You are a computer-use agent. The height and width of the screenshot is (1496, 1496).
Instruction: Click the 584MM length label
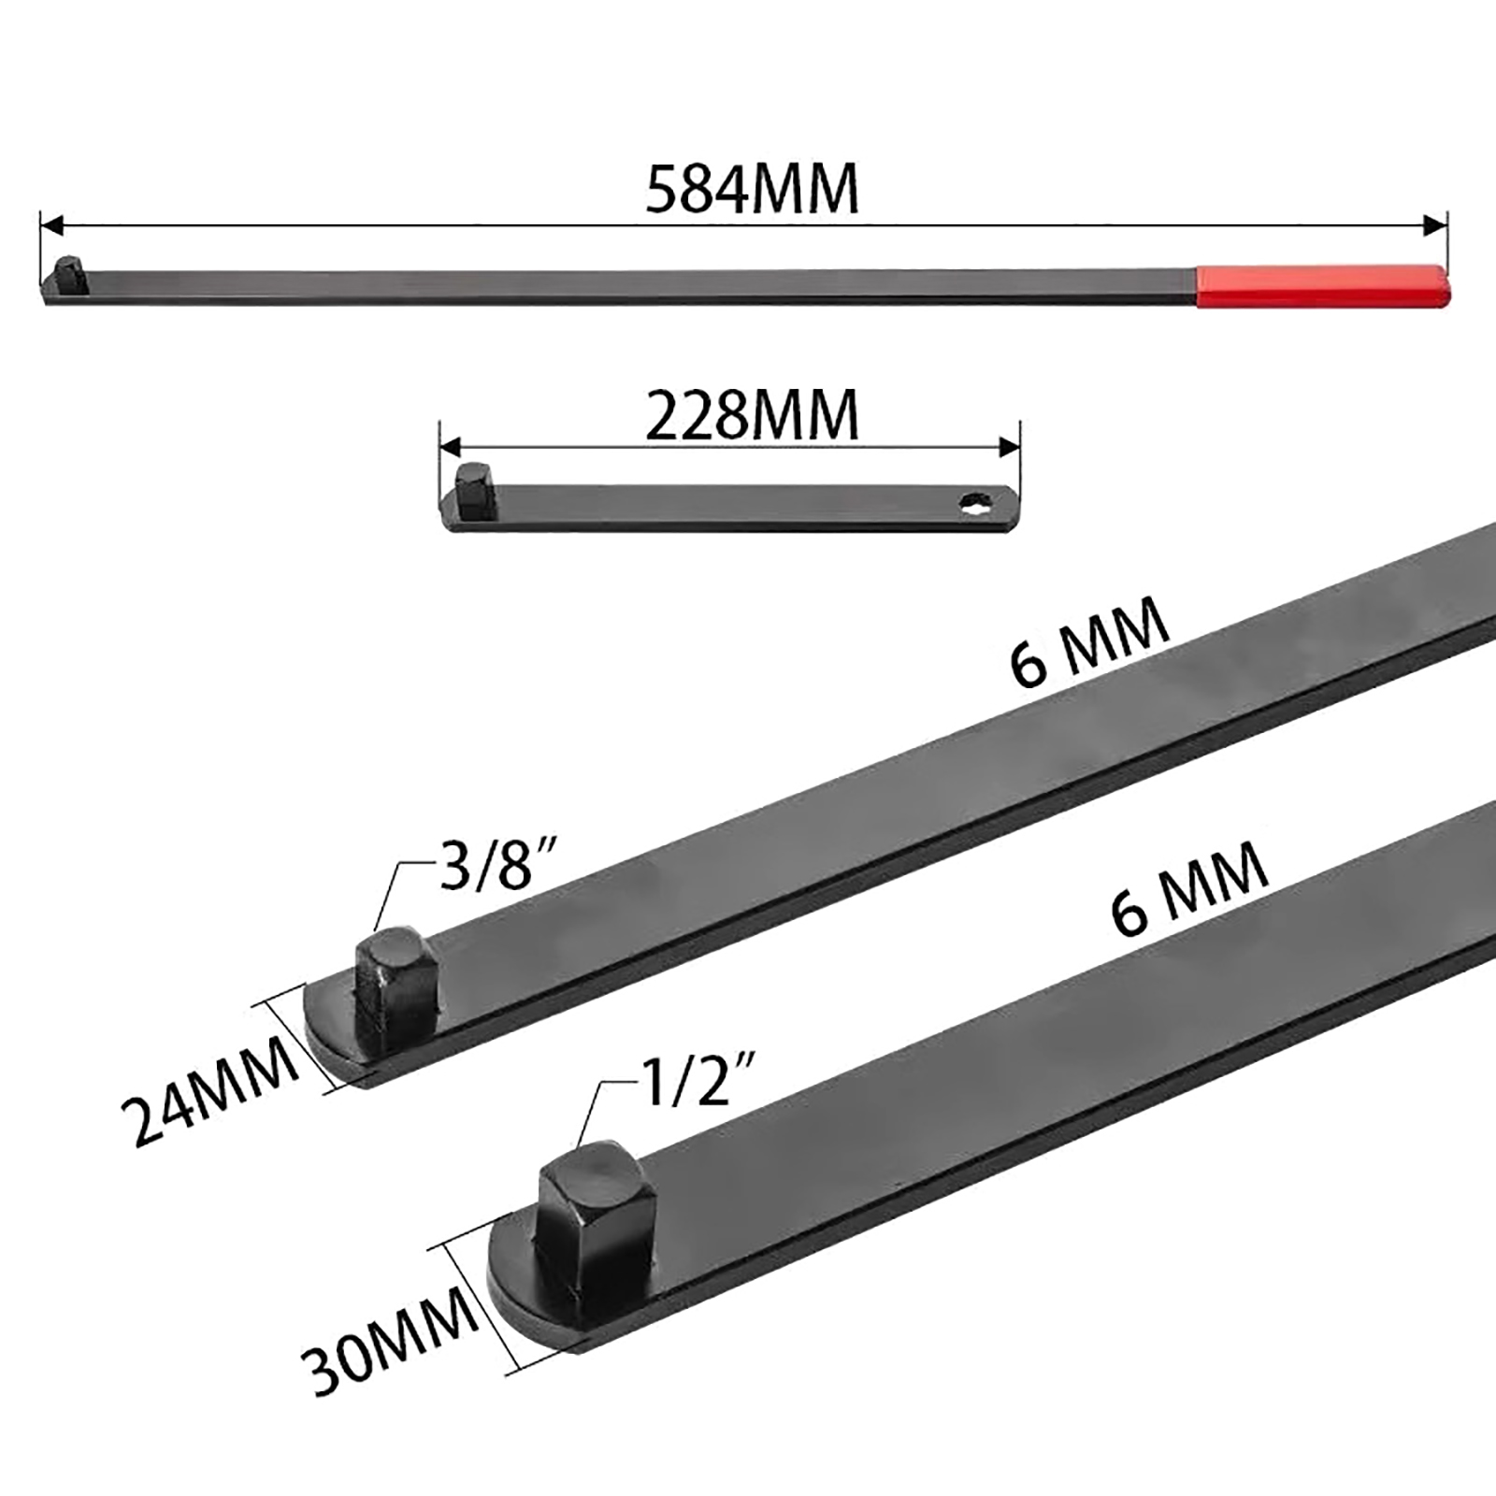752,190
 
